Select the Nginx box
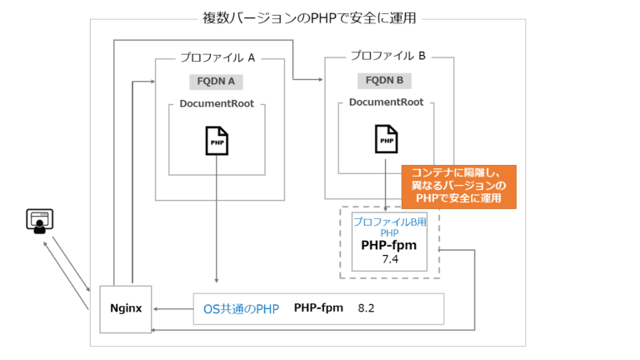[126, 307]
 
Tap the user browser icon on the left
[39, 221]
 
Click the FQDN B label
[385, 81]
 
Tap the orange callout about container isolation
[459, 186]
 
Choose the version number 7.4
[391, 260]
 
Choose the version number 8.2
[367, 308]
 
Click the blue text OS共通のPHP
[241, 308]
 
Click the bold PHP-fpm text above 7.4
[388, 246]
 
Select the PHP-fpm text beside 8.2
[318, 308]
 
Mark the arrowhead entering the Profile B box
[319, 80]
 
